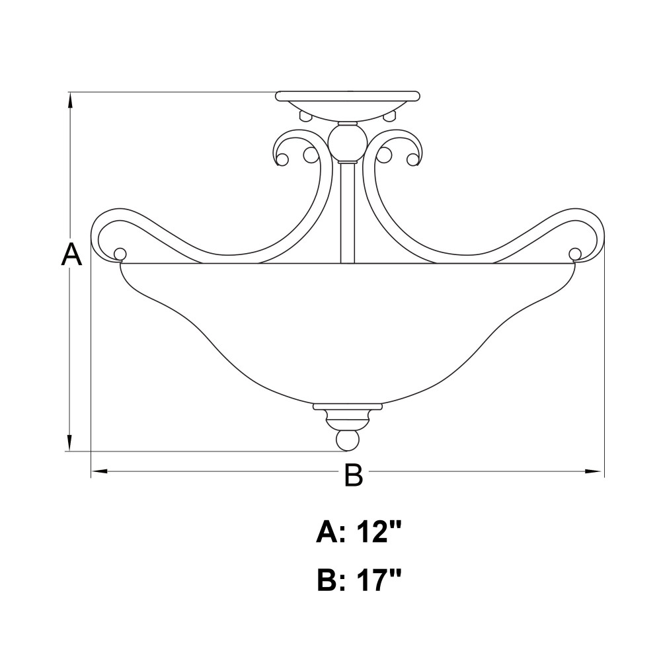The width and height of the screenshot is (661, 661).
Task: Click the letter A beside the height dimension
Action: (x=71, y=254)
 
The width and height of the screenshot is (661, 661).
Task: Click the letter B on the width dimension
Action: (x=353, y=475)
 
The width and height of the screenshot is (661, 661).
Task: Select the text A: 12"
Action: (x=358, y=533)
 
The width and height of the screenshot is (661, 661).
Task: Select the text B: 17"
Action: (x=358, y=580)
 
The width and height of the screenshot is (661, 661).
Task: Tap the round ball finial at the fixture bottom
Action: (x=348, y=440)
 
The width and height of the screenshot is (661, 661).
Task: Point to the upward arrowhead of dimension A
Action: (x=70, y=101)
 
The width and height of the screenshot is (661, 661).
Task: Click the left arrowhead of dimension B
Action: (x=100, y=471)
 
